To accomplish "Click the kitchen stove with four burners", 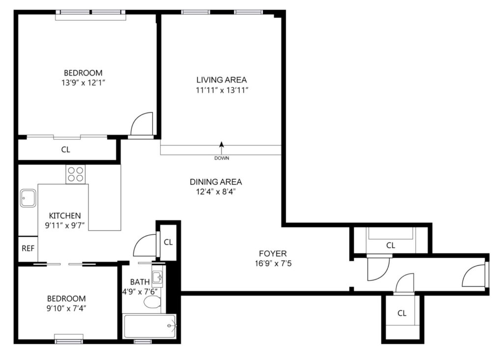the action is (x=76, y=174).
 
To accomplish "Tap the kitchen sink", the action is (x=28, y=198).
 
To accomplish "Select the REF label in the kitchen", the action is (x=28, y=249).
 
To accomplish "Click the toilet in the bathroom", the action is (x=152, y=302).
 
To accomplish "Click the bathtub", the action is (x=150, y=326).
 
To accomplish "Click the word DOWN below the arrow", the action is (x=222, y=158).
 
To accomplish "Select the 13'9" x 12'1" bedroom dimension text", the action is (x=84, y=83).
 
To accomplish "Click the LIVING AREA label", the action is (x=222, y=80).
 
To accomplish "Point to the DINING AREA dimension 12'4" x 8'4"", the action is (x=216, y=192).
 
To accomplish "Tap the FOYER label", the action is (x=273, y=253).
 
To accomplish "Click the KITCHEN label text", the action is (x=65, y=216).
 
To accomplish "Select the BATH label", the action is (x=140, y=282).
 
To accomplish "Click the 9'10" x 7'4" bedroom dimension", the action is (x=66, y=308).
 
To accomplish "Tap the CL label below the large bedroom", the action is (x=66, y=149).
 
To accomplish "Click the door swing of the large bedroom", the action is (x=141, y=124).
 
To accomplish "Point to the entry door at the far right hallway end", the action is (x=474, y=275).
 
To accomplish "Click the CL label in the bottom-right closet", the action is (x=402, y=313).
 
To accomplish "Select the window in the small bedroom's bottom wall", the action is (x=69, y=339).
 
